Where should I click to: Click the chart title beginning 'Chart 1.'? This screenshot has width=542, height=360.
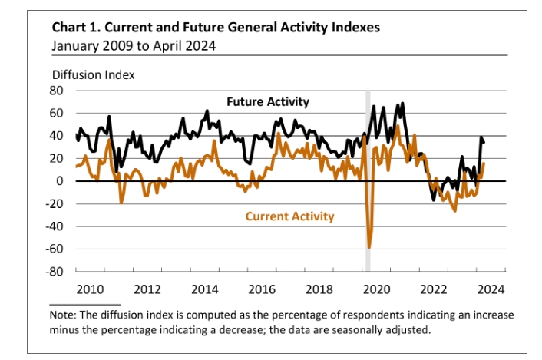pyautogui.click(x=216, y=28)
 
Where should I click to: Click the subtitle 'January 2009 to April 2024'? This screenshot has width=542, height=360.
pyautogui.click(x=133, y=45)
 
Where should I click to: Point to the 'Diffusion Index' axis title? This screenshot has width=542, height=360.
pyautogui.click(x=93, y=75)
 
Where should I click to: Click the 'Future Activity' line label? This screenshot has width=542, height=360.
pyautogui.click(x=268, y=101)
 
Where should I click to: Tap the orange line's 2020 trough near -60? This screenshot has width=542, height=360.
pyautogui.click(x=369, y=247)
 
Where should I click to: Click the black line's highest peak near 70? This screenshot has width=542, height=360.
pyautogui.click(x=403, y=103)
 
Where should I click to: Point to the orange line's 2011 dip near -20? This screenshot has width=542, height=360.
pyautogui.click(x=121, y=202)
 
